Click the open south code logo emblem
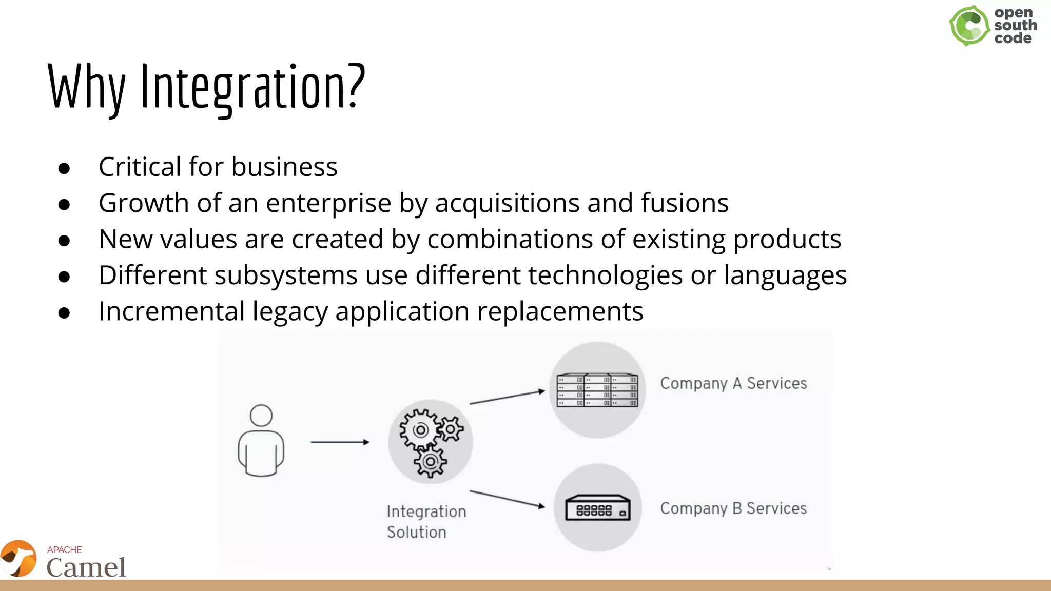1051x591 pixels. pos(969,26)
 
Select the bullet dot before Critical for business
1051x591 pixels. pos(64,168)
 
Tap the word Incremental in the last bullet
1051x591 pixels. pos(171,311)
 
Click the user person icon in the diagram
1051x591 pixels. pos(261,441)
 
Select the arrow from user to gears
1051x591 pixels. pos(340,442)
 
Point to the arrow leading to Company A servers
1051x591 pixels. pos(507,397)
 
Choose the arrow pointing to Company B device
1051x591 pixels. pos(507,499)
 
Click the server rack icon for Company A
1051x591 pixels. pos(597,390)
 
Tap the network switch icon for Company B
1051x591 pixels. pos(597,508)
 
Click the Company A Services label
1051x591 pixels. pos(733,383)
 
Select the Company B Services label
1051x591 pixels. pos(733,508)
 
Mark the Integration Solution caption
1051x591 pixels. pos(426,521)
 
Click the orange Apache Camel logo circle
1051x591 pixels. pos(19,558)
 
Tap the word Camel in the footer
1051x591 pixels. pos(86,567)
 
